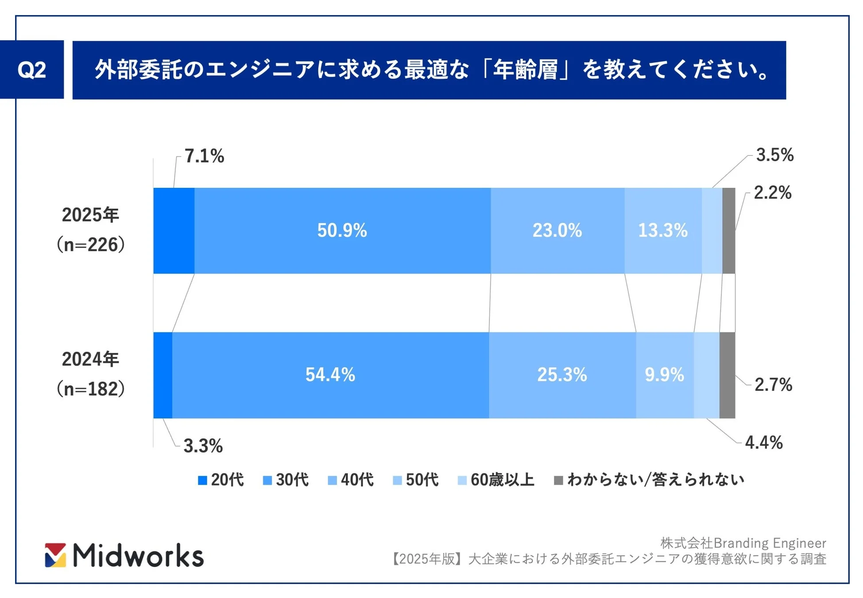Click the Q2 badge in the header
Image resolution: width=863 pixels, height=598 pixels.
pos(31,70)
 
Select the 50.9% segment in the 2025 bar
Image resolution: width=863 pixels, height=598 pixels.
pos(342,230)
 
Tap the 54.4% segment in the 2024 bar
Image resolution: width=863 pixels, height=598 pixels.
pos(330,375)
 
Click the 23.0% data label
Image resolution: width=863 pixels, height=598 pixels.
pos(557,230)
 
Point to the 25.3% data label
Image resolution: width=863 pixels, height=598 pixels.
pos(562,375)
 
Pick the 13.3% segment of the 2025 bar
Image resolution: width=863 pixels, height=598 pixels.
pos(662,230)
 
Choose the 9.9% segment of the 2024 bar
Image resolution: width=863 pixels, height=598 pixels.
pos(664,375)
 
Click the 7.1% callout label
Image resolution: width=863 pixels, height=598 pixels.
pos(204,156)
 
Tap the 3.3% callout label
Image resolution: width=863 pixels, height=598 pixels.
pos(203,446)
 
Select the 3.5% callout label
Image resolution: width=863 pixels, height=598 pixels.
pos(774,155)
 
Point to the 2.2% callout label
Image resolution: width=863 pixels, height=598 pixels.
pos(772,193)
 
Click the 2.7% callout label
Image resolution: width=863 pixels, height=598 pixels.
pos(773,384)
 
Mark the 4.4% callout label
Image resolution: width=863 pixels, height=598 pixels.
pos(764,443)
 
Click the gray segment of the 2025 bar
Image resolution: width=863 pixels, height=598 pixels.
pos(728,230)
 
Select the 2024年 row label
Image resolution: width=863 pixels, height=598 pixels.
pos(90,359)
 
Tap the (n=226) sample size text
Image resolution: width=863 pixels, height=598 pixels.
pos(90,245)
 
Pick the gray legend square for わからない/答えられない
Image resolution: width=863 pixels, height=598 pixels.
pos(558,480)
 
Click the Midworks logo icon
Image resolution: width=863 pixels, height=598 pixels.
pos(55,555)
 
